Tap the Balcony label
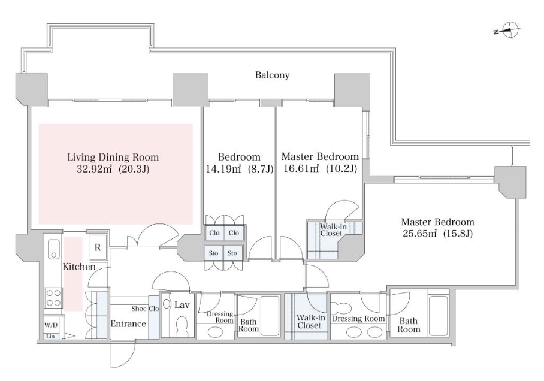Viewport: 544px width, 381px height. pos(273,75)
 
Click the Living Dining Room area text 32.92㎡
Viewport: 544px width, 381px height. pos(94,170)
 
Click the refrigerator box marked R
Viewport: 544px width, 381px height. pos(98,247)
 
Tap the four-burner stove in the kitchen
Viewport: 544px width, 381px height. pos(53,298)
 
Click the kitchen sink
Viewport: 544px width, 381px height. pos(53,249)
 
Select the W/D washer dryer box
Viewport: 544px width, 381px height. pos(51,325)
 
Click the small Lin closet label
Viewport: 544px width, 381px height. pos(51,336)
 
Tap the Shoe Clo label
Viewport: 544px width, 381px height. pos(145,308)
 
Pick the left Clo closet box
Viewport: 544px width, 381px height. pos(214,232)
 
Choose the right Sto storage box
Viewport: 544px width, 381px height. pos(232,253)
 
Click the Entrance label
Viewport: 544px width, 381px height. pos(128,323)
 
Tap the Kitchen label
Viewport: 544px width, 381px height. pos(79,267)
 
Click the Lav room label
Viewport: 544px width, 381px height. pos(182,304)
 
